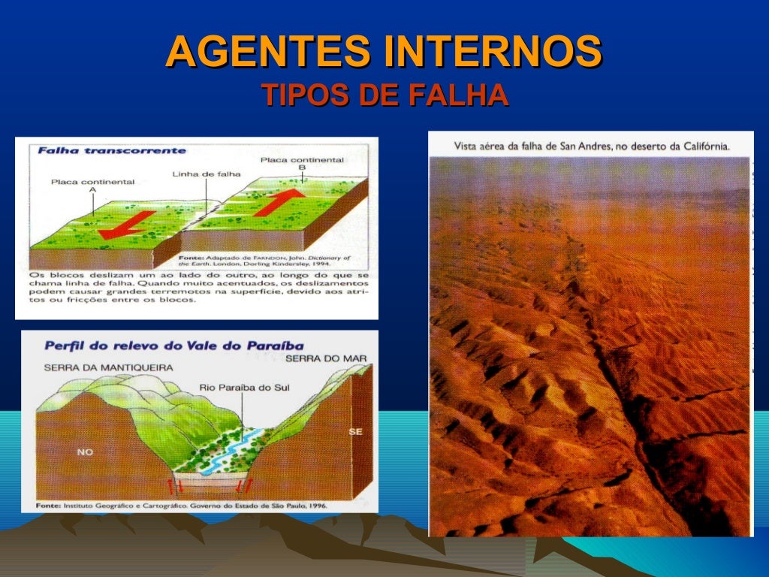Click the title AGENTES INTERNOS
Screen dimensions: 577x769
[384, 51]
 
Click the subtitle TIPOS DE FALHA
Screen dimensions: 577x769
[384, 96]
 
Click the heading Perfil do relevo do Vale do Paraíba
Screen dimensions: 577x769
[174, 346]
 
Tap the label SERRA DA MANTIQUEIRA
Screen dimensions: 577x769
[108, 367]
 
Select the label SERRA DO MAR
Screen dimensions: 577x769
[326, 358]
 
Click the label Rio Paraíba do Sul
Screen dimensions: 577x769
[243, 388]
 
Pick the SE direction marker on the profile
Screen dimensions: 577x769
[355, 431]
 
